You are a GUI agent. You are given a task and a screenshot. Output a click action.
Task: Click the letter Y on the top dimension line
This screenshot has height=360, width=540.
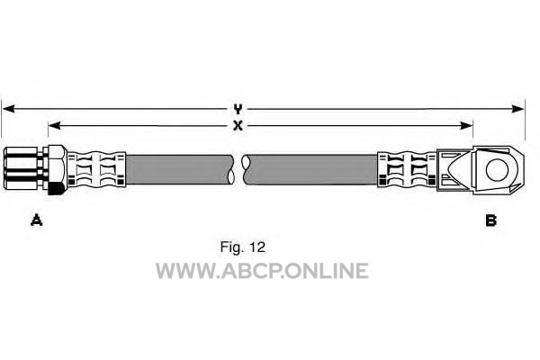pos(238,110)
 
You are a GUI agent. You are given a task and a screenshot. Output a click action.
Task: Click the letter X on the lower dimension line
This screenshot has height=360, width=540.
pos(238,126)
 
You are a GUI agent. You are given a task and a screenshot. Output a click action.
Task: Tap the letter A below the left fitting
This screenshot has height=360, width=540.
pos(37,220)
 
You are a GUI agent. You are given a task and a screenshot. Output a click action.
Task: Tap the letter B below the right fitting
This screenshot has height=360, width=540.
pos(490,220)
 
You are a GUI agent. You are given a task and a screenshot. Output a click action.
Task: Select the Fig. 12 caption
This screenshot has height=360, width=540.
pos(243,247)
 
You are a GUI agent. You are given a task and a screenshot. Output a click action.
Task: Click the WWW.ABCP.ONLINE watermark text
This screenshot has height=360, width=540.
pos(262,270)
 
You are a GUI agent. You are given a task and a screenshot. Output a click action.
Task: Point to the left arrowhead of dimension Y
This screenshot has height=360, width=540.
pos(8,109)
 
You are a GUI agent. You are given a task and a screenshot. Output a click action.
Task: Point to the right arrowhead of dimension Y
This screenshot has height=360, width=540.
pos(518,109)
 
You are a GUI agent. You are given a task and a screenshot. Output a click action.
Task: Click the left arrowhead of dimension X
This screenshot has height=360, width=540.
pos(54,126)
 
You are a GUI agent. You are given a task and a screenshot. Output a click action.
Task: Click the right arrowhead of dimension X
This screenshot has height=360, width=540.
pos(466,126)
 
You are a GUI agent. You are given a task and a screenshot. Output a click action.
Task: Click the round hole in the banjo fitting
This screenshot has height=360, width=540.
pos(497,170)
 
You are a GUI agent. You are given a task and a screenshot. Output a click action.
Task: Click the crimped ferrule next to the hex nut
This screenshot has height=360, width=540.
pos(96,169)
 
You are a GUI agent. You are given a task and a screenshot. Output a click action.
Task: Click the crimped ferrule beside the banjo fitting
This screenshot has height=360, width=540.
pos(407,169)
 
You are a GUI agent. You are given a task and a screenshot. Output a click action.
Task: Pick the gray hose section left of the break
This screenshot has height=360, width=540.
pos(178,169)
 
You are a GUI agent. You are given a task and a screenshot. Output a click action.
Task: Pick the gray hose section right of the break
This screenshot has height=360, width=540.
pos(311,169)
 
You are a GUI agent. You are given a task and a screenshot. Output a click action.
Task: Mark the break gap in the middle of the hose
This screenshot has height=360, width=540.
pos(238,169)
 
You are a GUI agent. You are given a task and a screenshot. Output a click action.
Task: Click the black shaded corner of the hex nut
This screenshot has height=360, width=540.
pos(56,189)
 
